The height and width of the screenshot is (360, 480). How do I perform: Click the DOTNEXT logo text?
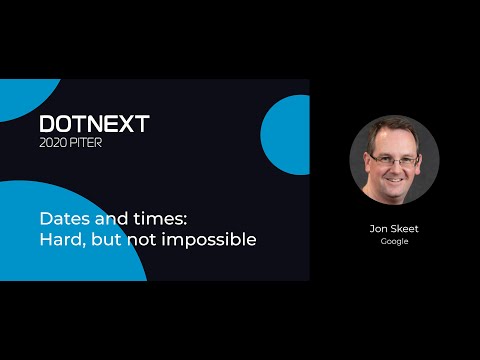[x=94, y=123]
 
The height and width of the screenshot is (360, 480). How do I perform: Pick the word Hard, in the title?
[x=62, y=239]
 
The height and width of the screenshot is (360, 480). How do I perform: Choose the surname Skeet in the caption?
[x=404, y=228]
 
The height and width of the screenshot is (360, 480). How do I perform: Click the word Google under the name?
[x=394, y=242]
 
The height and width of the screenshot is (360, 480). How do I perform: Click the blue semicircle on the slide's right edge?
[x=288, y=135]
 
